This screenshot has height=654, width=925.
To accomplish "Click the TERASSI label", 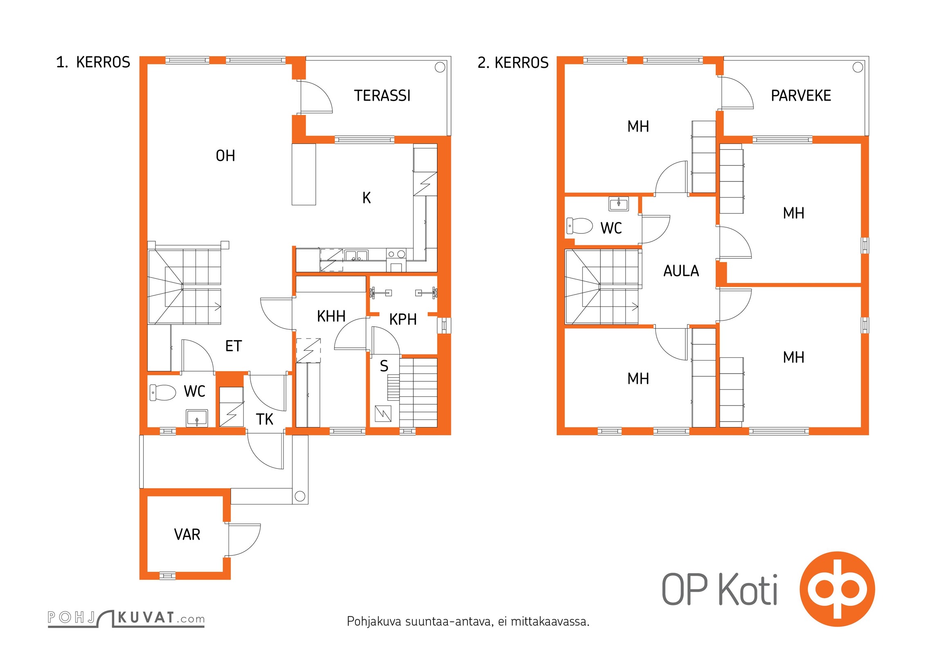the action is point(382,96).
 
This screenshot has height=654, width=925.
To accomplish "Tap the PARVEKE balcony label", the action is point(801,96).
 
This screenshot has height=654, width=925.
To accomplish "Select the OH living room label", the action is point(225,156).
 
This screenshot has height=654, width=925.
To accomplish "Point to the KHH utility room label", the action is point(331,316).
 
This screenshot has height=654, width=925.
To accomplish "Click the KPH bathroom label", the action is point(403,319).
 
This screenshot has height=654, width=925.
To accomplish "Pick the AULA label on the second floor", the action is point(681,271).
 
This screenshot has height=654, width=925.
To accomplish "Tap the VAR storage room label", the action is point(187,535).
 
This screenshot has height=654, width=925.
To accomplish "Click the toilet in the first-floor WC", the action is point(162,392).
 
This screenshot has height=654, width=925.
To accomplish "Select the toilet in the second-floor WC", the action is point(579,226).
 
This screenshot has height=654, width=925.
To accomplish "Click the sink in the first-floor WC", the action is point(197,418).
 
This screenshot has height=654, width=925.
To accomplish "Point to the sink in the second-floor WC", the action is point(619,204).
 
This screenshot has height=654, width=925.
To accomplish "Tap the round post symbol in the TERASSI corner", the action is point(440,67).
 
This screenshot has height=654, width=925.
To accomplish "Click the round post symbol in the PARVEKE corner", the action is point(858,67).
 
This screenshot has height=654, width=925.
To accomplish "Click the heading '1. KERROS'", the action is point(93,62).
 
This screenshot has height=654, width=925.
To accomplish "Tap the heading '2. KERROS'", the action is point(513,63).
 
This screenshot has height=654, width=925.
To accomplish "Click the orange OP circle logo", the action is point(837,589).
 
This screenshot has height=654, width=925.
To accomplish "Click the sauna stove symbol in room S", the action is point(383,413).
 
